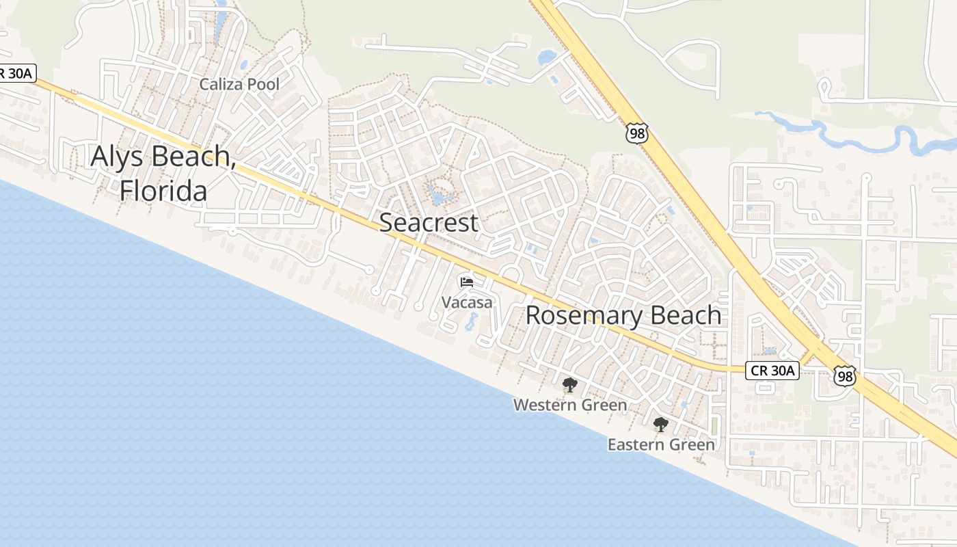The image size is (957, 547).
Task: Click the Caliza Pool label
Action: point(239,85)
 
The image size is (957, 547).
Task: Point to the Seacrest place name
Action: point(429,222)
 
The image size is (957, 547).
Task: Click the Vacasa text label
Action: point(467,302)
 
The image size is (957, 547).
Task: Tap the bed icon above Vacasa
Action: point(467,282)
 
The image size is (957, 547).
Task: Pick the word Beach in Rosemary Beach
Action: point(686,315)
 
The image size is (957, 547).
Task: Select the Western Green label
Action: point(569,405)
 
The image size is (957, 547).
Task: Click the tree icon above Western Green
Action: point(569,385)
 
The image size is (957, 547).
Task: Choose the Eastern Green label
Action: point(661,444)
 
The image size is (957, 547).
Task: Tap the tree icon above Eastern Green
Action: point(660,425)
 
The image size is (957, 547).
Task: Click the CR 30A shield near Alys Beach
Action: point(17,74)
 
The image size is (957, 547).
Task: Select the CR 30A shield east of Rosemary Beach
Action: point(772,371)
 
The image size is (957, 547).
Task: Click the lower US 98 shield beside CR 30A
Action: point(844,375)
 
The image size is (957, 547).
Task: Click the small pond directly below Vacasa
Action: point(472,321)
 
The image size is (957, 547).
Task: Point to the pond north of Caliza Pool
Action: point(220,27)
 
